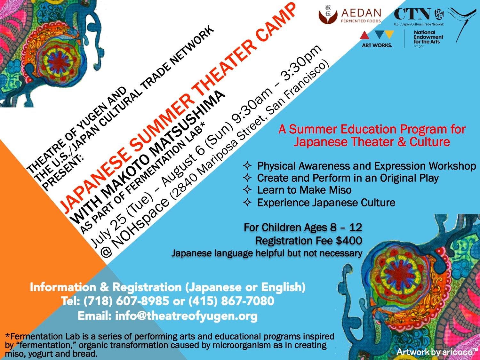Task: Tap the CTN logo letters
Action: point(413,14)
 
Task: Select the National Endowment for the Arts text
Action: point(428,37)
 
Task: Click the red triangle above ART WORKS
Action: point(365,36)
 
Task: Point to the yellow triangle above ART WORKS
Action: point(389,34)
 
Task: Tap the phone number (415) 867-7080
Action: point(231,301)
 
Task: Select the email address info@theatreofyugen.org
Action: point(186,316)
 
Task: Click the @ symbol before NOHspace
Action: point(107,252)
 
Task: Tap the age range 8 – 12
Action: point(346,228)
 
